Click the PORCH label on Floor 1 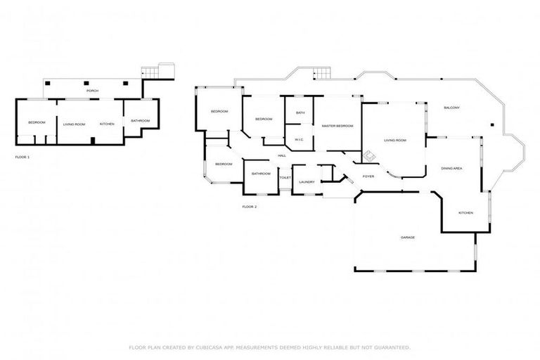[x=92, y=91]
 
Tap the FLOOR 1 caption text [x=22, y=157]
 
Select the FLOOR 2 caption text [x=250, y=207]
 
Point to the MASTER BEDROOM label [x=337, y=126]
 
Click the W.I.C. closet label [x=299, y=139]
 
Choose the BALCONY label [x=451, y=108]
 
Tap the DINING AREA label [x=451, y=169]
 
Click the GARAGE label [x=408, y=238]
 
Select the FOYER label [x=368, y=176]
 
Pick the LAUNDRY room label [x=306, y=182]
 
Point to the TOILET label [x=285, y=178]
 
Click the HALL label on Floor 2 [x=281, y=155]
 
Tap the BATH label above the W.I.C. [x=300, y=112]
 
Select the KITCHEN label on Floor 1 [x=107, y=124]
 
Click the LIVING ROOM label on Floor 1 [x=74, y=124]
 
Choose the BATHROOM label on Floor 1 [x=140, y=121]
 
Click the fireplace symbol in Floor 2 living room [x=368, y=154]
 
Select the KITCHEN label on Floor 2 [x=465, y=213]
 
